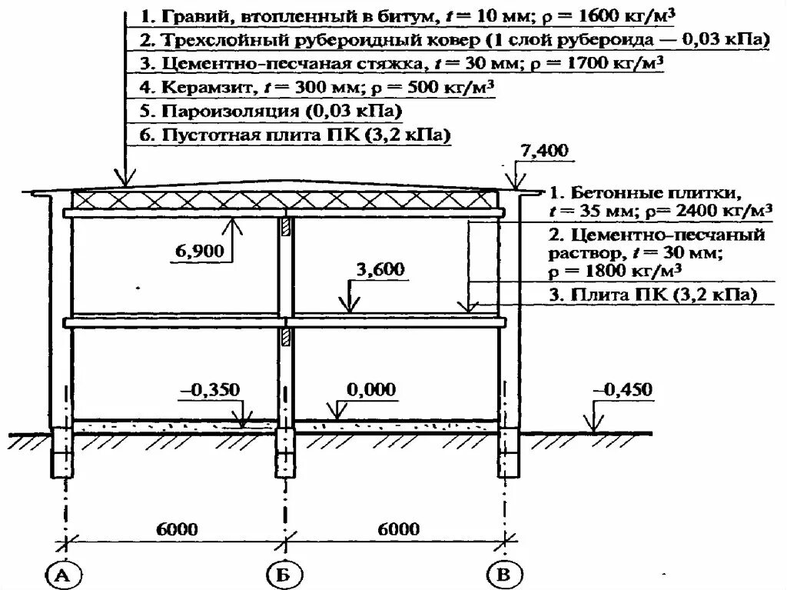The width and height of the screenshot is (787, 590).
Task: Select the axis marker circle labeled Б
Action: [x=285, y=574]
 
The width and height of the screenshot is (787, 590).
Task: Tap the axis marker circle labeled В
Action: [x=504, y=574]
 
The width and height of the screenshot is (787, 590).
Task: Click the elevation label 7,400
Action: [x=544, y=151]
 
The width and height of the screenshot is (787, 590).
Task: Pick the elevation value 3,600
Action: [x=380, y=269]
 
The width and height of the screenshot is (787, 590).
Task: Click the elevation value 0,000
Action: [x=371, y=390]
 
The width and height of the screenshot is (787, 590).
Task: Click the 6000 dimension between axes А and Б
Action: [x=178, y=529]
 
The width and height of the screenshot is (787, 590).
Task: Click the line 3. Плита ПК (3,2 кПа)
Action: [x=653, y=295]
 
